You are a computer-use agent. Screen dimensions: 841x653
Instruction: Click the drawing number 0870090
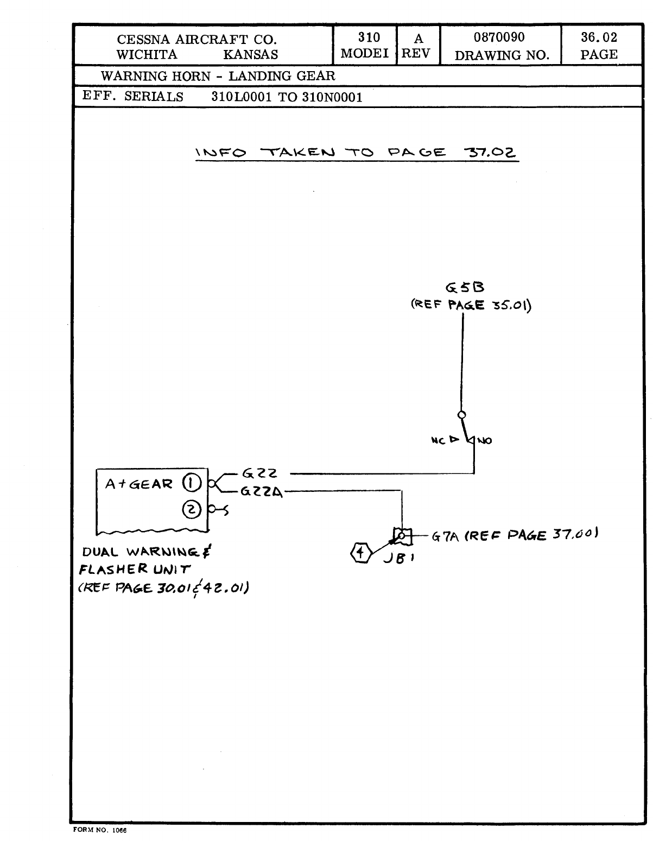tap(499, 37)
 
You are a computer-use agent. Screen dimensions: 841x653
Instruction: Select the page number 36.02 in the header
tap(599, 37)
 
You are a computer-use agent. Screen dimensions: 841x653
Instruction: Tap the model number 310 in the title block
tap(369, 37)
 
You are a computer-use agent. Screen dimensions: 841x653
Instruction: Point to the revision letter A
tap(418, 39)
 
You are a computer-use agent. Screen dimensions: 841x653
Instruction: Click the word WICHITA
tap(147, 54)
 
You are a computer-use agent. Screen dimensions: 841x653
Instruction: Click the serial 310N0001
tap(332, 97)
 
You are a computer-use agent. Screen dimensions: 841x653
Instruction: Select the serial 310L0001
tap(242, 97)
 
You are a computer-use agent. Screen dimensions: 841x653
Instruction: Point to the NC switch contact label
tap(438, 440)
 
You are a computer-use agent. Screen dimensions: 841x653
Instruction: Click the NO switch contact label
tap(485, 440)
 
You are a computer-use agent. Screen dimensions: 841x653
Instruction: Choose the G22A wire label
tap(262, 492)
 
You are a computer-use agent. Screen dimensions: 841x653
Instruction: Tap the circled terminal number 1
tap(191, 483)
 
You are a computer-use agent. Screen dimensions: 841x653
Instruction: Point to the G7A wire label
tap(446, 537)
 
